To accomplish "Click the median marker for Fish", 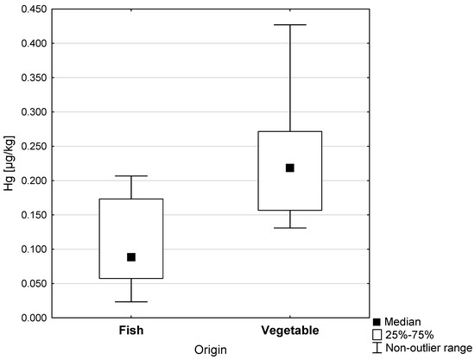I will point(131,257).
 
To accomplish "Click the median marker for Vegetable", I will point(290,167).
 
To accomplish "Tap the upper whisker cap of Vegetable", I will point(290,25).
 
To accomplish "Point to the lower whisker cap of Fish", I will point(131,302).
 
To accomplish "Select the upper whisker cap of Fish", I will point(131,176).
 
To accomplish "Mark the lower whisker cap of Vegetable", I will point(290,228).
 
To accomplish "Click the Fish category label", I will point(131,331).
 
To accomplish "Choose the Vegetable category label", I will point(290,331).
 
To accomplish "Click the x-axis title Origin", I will point(211,348).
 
